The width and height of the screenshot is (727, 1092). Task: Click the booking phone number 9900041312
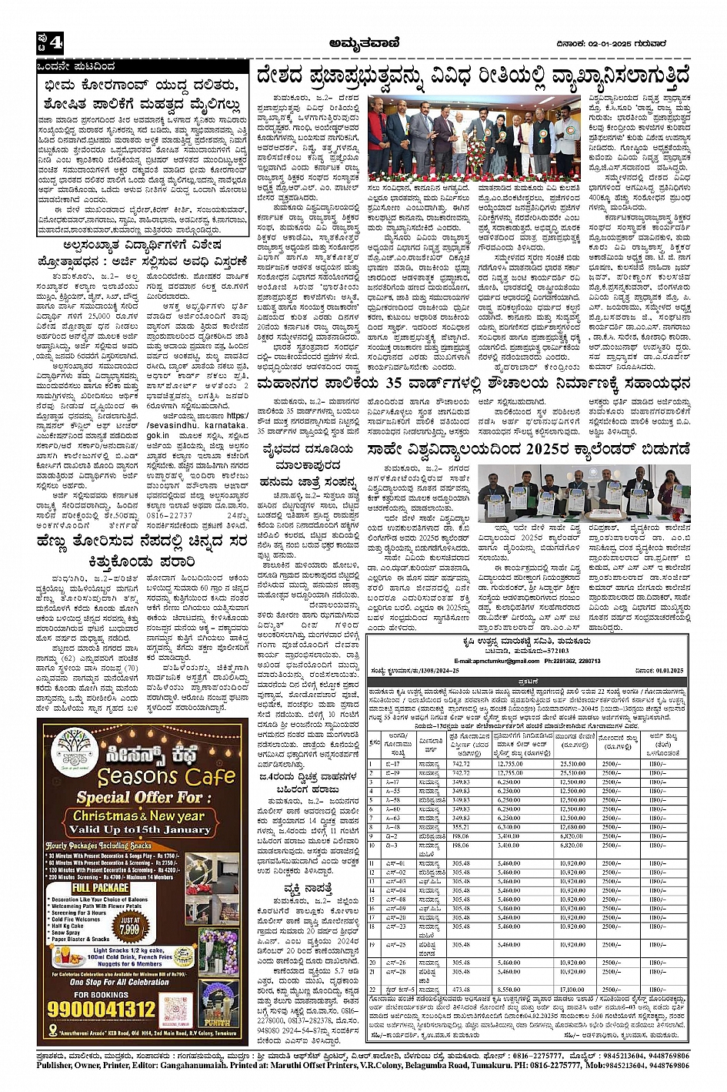click(103, 1008)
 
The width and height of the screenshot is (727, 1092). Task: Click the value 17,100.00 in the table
click(572, 990)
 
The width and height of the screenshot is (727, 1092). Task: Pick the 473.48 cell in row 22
click(461, 990)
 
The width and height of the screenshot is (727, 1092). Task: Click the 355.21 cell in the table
click(461, 827)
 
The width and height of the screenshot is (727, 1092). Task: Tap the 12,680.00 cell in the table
click(572, 827)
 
